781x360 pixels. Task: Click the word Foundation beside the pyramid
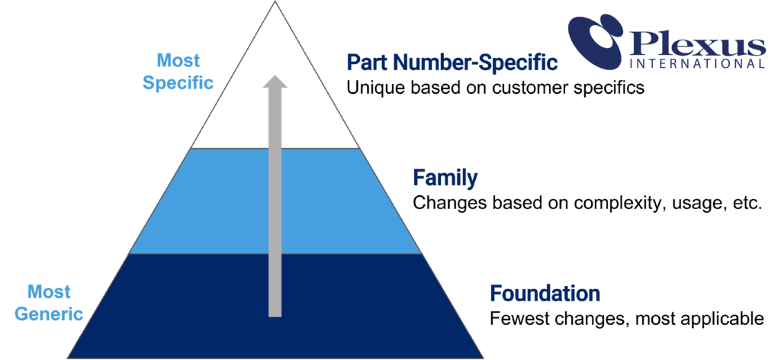point(545,293)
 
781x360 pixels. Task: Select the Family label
point(445,178)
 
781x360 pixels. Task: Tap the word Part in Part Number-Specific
point(365,63)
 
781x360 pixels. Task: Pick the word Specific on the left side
point(178,82)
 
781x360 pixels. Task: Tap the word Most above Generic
point(49,291)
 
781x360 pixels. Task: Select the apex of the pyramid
point(275,4)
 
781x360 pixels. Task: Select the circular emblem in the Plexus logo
point(597,41)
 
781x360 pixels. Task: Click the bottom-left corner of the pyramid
point(69,356)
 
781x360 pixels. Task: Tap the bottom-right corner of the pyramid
point(482,356)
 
